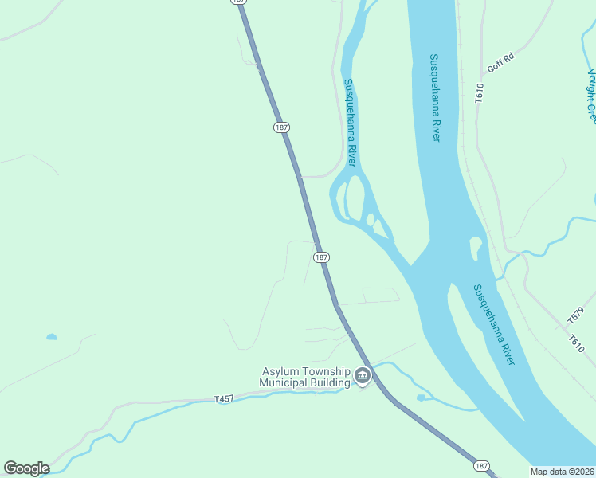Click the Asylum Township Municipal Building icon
[363, 374]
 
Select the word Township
[327, 372]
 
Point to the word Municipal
[284, 383]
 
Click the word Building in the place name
[331, 383]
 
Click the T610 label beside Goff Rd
[479, 92]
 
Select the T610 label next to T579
[576, 344]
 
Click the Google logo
[26, 468]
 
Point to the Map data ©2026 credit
[563, 472]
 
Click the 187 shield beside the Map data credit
[480, 465]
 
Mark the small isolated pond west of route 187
[52, 337]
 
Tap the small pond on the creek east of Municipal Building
[421, 398]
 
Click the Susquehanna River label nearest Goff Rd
[435, 97]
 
